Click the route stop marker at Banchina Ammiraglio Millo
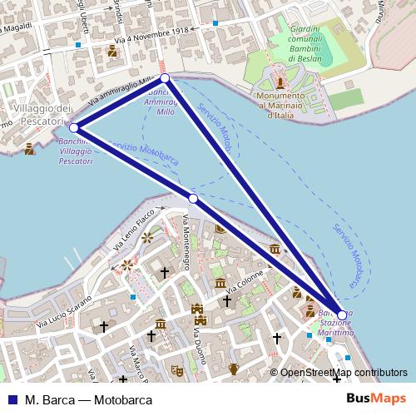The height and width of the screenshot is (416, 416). [x=165, y=78]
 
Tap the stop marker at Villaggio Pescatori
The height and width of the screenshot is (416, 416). [x=74, y=128]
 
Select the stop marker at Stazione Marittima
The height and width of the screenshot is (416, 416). [x=342, y=315]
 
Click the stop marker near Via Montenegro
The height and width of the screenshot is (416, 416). [x=193, y=199]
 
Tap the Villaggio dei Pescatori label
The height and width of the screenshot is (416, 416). [x=37, y=116]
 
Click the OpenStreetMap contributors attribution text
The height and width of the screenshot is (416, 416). [x=343, y=373]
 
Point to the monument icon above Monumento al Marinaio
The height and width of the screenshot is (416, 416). [x=281, y=83]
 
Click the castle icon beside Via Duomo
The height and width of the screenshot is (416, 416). [x=198, y=313]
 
